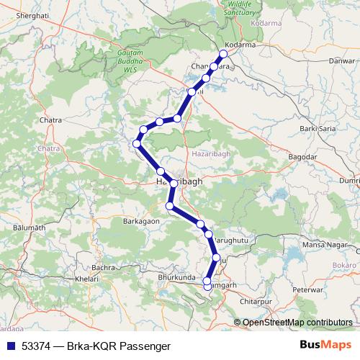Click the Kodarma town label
(x=241, y=44)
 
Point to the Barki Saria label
(x=318, y=128)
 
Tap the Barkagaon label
(x=141, y=221)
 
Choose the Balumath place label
(x=29, y=228)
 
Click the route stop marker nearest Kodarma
(x=223, y=54)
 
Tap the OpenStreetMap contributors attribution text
(x=297, y=322)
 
